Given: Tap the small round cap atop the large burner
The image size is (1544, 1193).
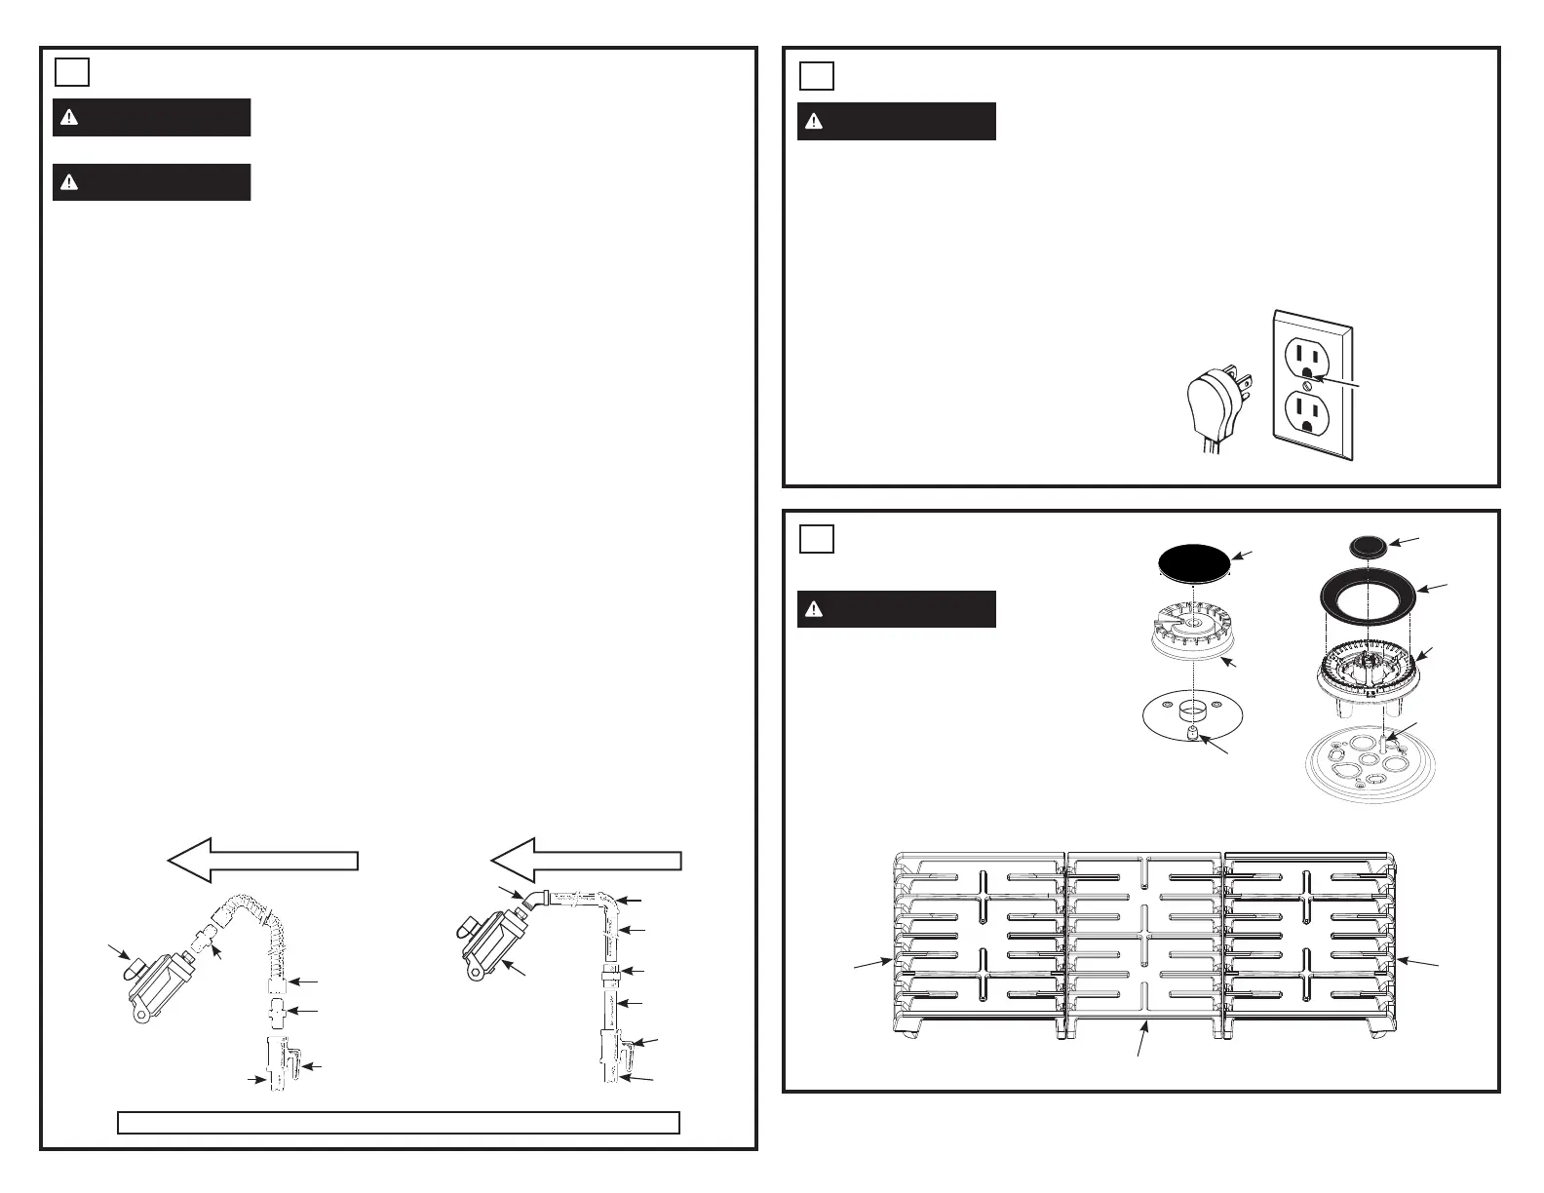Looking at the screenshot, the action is pyautogui.click(x=1369, y=544).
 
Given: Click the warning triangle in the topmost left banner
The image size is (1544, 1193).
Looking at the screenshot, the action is pyautogui.click(x=68, y=118).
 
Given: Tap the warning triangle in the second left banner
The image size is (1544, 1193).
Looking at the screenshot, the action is pyautogui.click(x=68, y=182).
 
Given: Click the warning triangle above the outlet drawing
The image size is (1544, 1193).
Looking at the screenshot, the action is pyautogui.click(x=814, y=122).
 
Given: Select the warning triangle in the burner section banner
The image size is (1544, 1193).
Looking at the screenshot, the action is pyautogui.click(x=814, y=609).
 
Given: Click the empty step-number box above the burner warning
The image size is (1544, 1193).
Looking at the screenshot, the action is pyautogui.click(x=817, y=538).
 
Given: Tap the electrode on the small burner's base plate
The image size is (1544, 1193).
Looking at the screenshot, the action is pyautogui.click(x=1192, y=731).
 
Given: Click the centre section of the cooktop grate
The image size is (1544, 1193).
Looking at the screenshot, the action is pyautogui.click(x=1145, y=941).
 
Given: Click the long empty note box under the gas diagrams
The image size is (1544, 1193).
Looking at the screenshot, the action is pyautogui.click(x=398, y=1122).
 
